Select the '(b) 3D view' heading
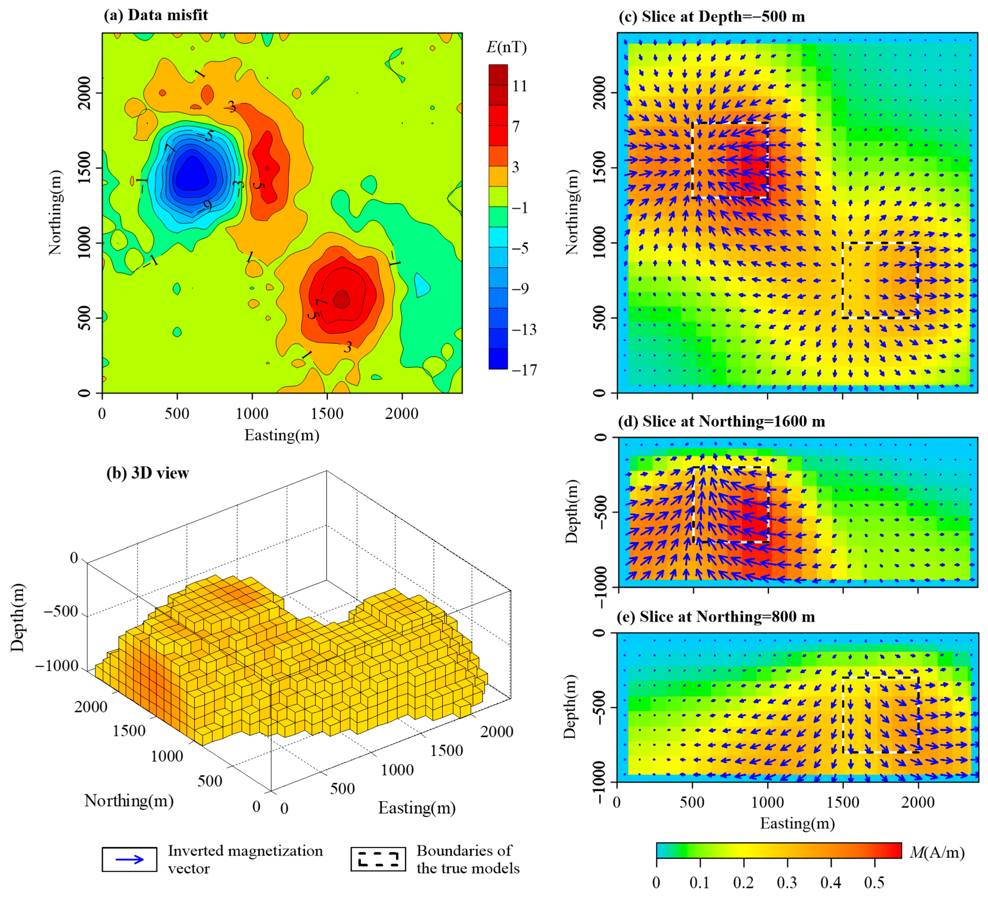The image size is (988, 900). pos(148,473)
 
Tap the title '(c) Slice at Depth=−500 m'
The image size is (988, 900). pos(711,17)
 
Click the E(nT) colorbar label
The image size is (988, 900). pos(506,47)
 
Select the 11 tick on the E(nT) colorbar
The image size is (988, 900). pos(519,86)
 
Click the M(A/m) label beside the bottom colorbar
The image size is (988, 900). pos(936,853)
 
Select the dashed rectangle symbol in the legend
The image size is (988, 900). pos(378,859)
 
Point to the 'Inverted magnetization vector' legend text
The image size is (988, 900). pos(245,859)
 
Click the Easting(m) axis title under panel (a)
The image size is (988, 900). pos(282,435)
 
